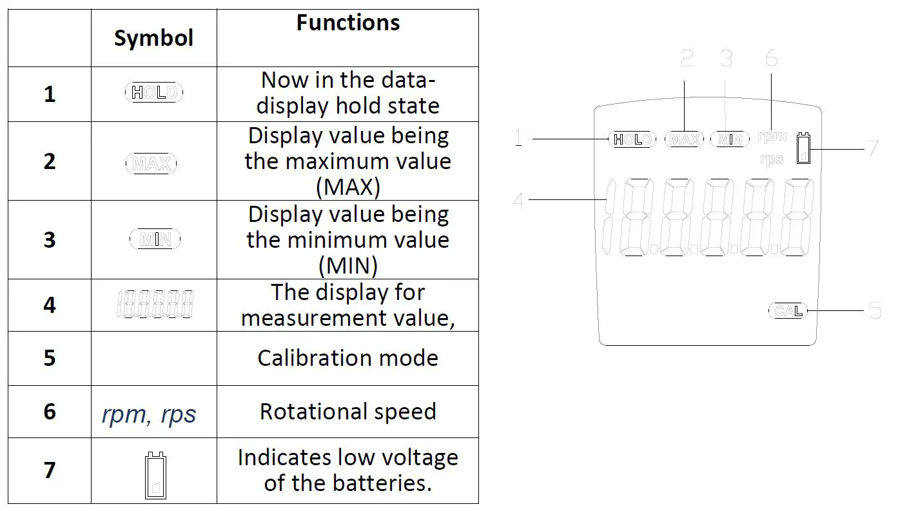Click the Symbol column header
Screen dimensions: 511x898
coord(153,38)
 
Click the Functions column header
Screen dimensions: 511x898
coord(347,23)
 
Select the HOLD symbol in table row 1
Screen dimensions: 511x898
coord(153,93)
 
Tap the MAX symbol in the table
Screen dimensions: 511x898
coord(151,164)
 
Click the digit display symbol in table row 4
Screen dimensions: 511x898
coord(155,305)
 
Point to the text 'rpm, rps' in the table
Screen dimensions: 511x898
coord(149,414)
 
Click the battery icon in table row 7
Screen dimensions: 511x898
coord(154,476)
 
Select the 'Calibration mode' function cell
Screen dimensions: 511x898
coord(347,358)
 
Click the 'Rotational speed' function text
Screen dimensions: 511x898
coord(347,412)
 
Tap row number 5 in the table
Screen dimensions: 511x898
coord(50,358)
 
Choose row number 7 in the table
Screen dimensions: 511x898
coord(50,470)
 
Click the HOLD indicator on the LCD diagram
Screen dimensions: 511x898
coord(632,139)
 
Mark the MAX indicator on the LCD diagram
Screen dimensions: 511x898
coord(684,139)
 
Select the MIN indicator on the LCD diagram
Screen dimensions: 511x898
coord(730,139)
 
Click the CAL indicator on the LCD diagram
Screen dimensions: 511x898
coord(788,311)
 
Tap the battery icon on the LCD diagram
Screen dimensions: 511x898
coord(803,149)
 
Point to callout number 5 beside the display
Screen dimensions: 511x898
coord(875,310)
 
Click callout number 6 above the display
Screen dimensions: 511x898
coord(771,59)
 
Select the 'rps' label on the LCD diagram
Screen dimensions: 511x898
coord(771,159)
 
